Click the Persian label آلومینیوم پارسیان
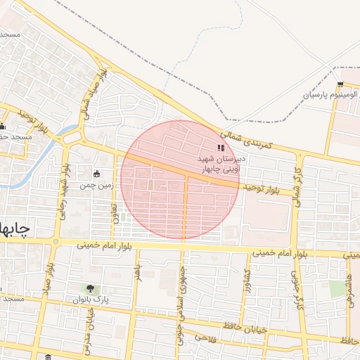click(x=330, y=94)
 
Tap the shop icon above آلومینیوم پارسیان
click(x=340, y=84)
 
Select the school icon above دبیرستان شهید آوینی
click(x=221, y=148)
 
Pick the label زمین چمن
click(x=96, y=185)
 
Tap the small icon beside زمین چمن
click(x=96, y=174)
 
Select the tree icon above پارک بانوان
click(x=90, y=288)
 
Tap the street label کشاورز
click(x=246, y=283)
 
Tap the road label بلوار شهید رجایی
click(x=67, y=190)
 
